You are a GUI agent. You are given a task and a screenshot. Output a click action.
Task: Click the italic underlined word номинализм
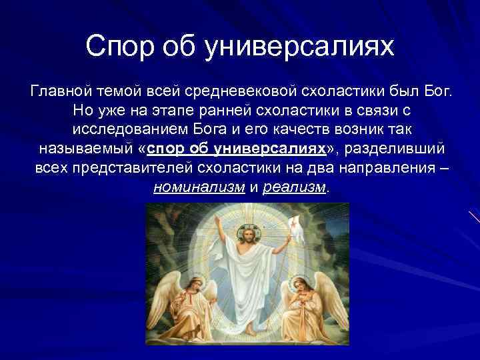tap(199, 187)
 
